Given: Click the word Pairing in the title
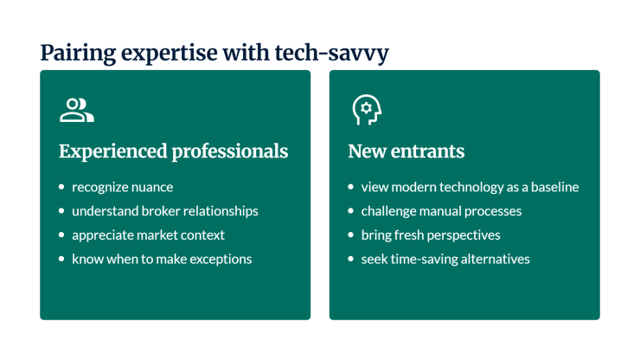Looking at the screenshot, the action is pos(78,54).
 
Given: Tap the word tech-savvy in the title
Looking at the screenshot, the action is pos(331,54).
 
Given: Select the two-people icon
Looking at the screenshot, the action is pos(77,110).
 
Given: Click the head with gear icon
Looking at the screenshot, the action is pos(367,110).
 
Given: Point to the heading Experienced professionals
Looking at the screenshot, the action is pos(174,151).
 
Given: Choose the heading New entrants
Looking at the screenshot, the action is pos(406,151).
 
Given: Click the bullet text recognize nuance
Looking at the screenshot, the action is pos(123,187).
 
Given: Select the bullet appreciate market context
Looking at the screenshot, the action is pos(148,235).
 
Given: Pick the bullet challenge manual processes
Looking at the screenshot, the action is pos(441,211).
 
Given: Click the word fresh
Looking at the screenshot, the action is pos(408,235).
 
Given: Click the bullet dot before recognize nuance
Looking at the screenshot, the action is pos(61,187).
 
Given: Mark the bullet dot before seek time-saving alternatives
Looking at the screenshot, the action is pos(350,259).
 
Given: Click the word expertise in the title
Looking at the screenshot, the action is pos(170,54).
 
